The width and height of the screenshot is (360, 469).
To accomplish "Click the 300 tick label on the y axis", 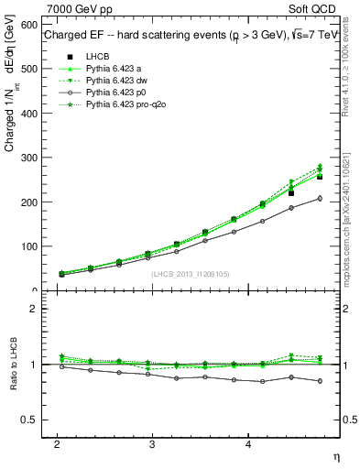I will click(x=27, y=158).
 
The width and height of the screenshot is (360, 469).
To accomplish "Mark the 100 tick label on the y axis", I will click(x=27, y=246).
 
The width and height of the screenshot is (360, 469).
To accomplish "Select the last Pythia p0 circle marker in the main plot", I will click(x=320, y=198).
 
